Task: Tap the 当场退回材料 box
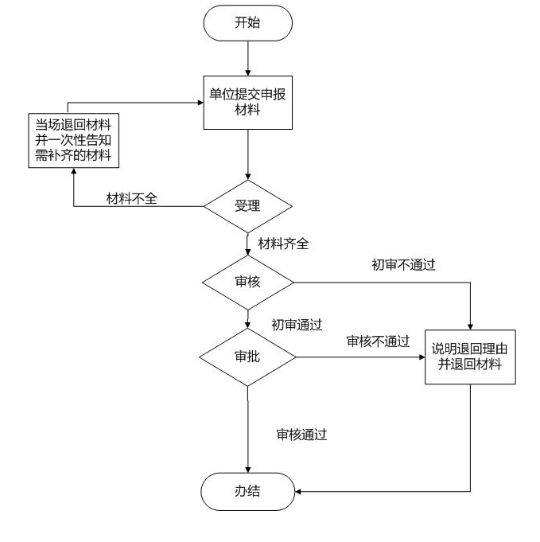click(74, 141)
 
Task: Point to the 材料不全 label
click(131, 198)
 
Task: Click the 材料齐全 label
click(283, 244)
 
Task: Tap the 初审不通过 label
click(403, 265)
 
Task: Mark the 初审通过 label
click(297, 324)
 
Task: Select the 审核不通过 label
click(378, 341)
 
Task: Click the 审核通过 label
click(301, 435)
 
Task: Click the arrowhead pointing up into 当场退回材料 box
click(74, 173)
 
